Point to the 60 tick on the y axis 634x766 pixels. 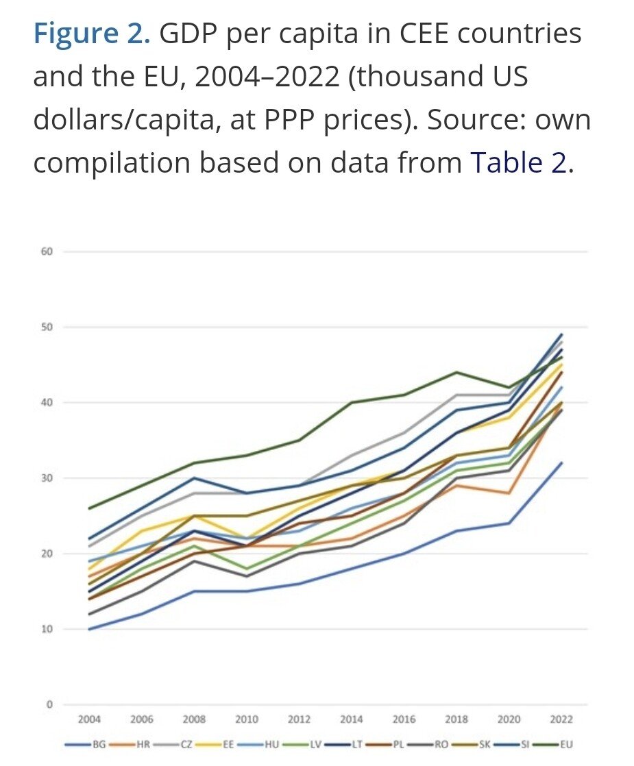coord(47,251)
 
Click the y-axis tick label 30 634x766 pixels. coord(47,478)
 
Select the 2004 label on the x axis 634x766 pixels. coord(89,719)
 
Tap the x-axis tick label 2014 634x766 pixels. coord(352,719)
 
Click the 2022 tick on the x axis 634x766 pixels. coord(561,719)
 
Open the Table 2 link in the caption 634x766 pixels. coord(518,163)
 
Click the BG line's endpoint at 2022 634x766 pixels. coord(561,463)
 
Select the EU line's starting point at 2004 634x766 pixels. coord(90,508)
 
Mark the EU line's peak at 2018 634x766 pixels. coord(457,372)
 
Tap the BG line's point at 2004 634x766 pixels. coord(90,629)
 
